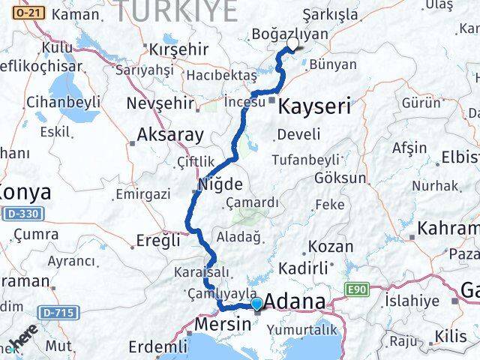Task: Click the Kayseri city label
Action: coord(314,107)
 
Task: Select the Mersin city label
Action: coord(222,325)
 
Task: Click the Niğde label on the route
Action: coord(220,184)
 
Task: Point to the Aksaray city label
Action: coord(170,136)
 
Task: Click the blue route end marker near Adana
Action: coord(257,304)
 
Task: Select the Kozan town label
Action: coord(331,246)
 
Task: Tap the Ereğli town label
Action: coord(157,241)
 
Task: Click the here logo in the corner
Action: coord(24,342)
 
